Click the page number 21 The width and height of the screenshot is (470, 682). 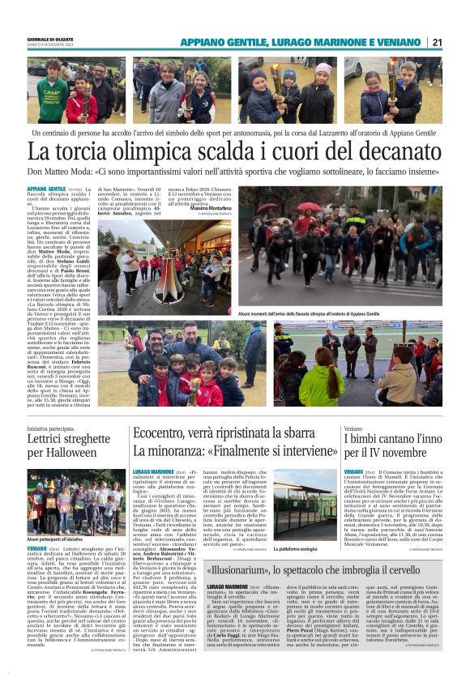pos(436,42)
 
